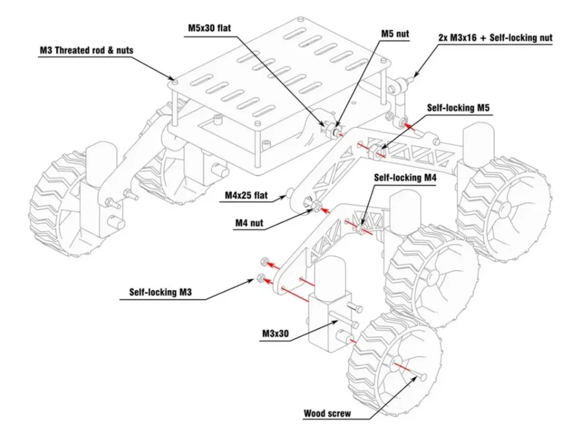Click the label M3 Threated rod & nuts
86,50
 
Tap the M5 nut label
395,34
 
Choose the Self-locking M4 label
405,178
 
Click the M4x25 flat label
246,196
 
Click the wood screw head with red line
423,377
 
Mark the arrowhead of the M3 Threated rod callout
171,80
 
